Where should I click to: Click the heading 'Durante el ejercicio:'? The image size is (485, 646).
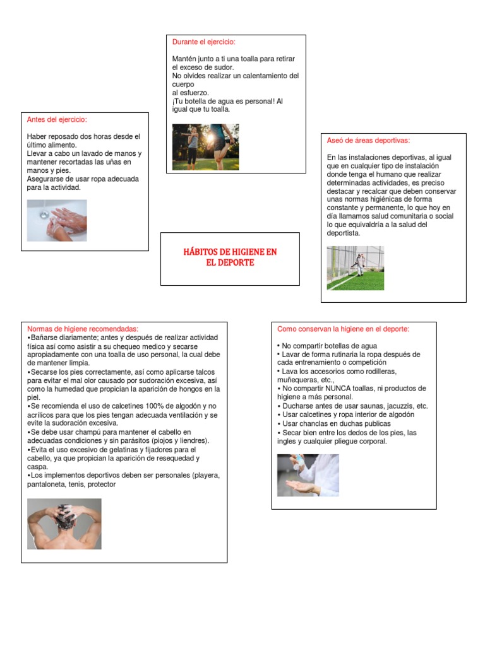click(x=204, y=42)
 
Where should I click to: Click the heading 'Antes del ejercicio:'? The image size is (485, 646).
click(x=57, y=119)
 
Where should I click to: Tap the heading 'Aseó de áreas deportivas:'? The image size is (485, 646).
click(x=368, y=140)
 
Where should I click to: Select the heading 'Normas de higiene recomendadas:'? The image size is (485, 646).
click(x=82, y=329)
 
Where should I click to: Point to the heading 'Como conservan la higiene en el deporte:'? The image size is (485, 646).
click(x=343, y=329)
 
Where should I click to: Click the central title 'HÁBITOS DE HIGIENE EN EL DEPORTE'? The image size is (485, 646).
click(x=230, y=257)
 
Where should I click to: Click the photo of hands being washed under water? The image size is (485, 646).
click(x=57, y=220)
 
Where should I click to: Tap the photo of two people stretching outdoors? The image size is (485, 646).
click(x=205, y=146)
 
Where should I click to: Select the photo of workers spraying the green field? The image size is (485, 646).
click(x=355, y=267)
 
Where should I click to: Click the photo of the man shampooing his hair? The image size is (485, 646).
click(x=64, y=524)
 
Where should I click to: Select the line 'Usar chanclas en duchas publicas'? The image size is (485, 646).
click(x=336, y=424)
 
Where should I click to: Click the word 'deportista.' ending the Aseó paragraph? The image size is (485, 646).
click(x=344, y=233)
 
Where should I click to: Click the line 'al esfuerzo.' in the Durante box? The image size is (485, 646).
click(x=190, y=92)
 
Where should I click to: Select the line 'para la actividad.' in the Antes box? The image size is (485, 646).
click(x=54, y=187)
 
